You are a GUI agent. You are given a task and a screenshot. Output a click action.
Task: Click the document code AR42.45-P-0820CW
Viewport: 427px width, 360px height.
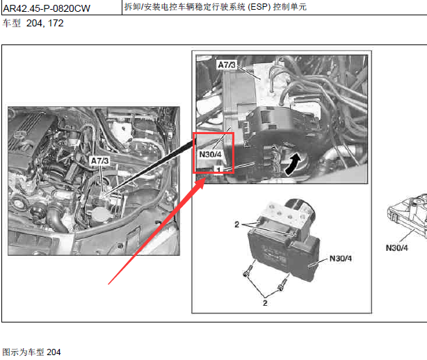tap(47, 8)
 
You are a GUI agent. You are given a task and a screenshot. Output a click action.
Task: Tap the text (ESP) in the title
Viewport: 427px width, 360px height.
tap(259, 6)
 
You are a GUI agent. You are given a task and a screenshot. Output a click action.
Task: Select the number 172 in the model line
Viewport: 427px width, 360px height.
tap(56, 23)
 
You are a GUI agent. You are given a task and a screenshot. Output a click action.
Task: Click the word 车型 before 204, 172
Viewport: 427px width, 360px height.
tap(11, 23)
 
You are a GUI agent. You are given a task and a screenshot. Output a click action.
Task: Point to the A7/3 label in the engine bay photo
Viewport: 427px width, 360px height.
tap(99, 161)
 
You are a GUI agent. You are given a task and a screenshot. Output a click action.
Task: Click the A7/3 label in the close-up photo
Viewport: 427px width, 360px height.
tap(227, 65)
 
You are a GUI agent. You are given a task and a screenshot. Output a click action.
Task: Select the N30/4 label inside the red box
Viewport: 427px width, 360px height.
tap(210, 154)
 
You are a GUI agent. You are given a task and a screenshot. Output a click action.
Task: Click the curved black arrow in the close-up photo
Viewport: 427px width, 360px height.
tap(293, 163)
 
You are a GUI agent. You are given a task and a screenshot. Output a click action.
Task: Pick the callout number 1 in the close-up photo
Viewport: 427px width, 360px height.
tap(218, 170)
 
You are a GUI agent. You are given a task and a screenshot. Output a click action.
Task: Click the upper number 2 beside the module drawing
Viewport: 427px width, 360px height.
tap(236, 224)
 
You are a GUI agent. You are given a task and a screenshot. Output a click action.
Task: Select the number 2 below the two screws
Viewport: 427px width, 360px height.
tap(265, 303)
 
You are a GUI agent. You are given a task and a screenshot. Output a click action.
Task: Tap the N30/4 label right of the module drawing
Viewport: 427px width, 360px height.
tap(340, 259)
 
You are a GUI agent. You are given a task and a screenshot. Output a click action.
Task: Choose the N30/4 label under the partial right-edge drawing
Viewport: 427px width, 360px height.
tap(397, 248)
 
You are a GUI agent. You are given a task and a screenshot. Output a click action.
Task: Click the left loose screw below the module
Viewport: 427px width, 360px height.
tap(247, 271)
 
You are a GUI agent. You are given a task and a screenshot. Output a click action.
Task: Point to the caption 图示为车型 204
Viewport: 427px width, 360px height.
tap(31, 352)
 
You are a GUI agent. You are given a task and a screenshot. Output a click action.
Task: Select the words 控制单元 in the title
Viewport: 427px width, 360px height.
tap(290, 6)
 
